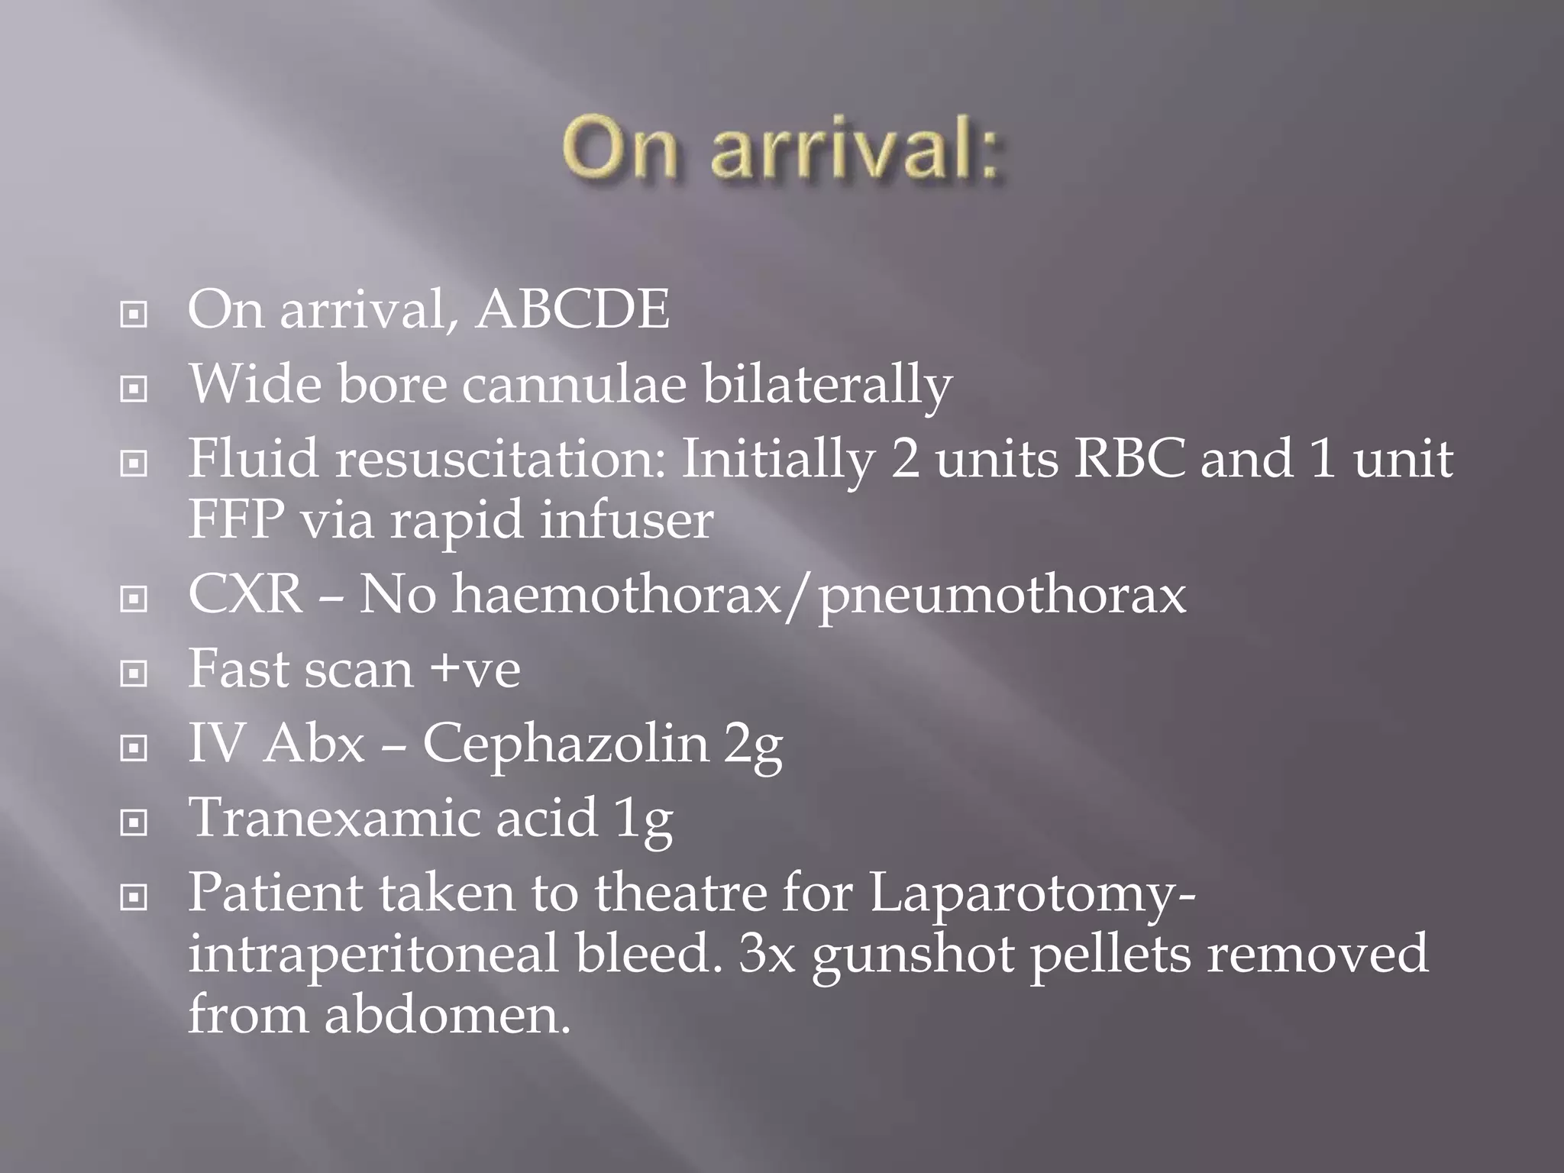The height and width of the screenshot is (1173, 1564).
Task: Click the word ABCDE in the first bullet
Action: [x=573, y=310]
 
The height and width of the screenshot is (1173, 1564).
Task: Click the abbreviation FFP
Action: [x=235, y=519]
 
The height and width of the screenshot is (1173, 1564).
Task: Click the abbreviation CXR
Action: [x=246, y=594]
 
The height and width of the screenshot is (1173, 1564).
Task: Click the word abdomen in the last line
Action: [x=448, y=1015]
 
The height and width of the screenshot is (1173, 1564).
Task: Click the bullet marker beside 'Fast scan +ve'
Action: [x=134, y=673]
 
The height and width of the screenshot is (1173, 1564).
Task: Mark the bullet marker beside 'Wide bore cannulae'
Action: [x=134, y=389]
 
